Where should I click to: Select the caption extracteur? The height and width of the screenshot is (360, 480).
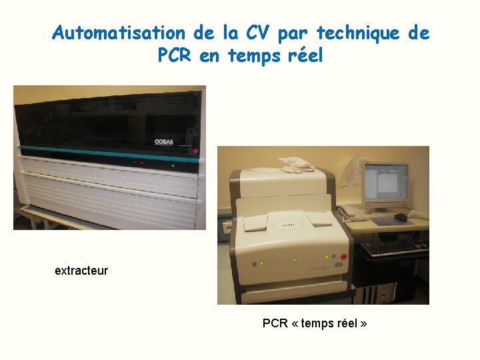(x=81, y=271)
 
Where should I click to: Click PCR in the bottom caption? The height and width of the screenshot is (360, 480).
(x=275, y=323)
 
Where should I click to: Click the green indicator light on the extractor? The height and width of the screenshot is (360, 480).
(x=173, y=165)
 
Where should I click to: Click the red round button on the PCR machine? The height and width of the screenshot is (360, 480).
(x=344, y=257)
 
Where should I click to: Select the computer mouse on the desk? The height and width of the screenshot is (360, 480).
(x=401, y=217)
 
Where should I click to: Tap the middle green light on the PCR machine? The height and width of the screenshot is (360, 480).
(x=295, y=260)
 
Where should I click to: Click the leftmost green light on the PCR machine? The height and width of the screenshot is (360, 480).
(x=261, y=264)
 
